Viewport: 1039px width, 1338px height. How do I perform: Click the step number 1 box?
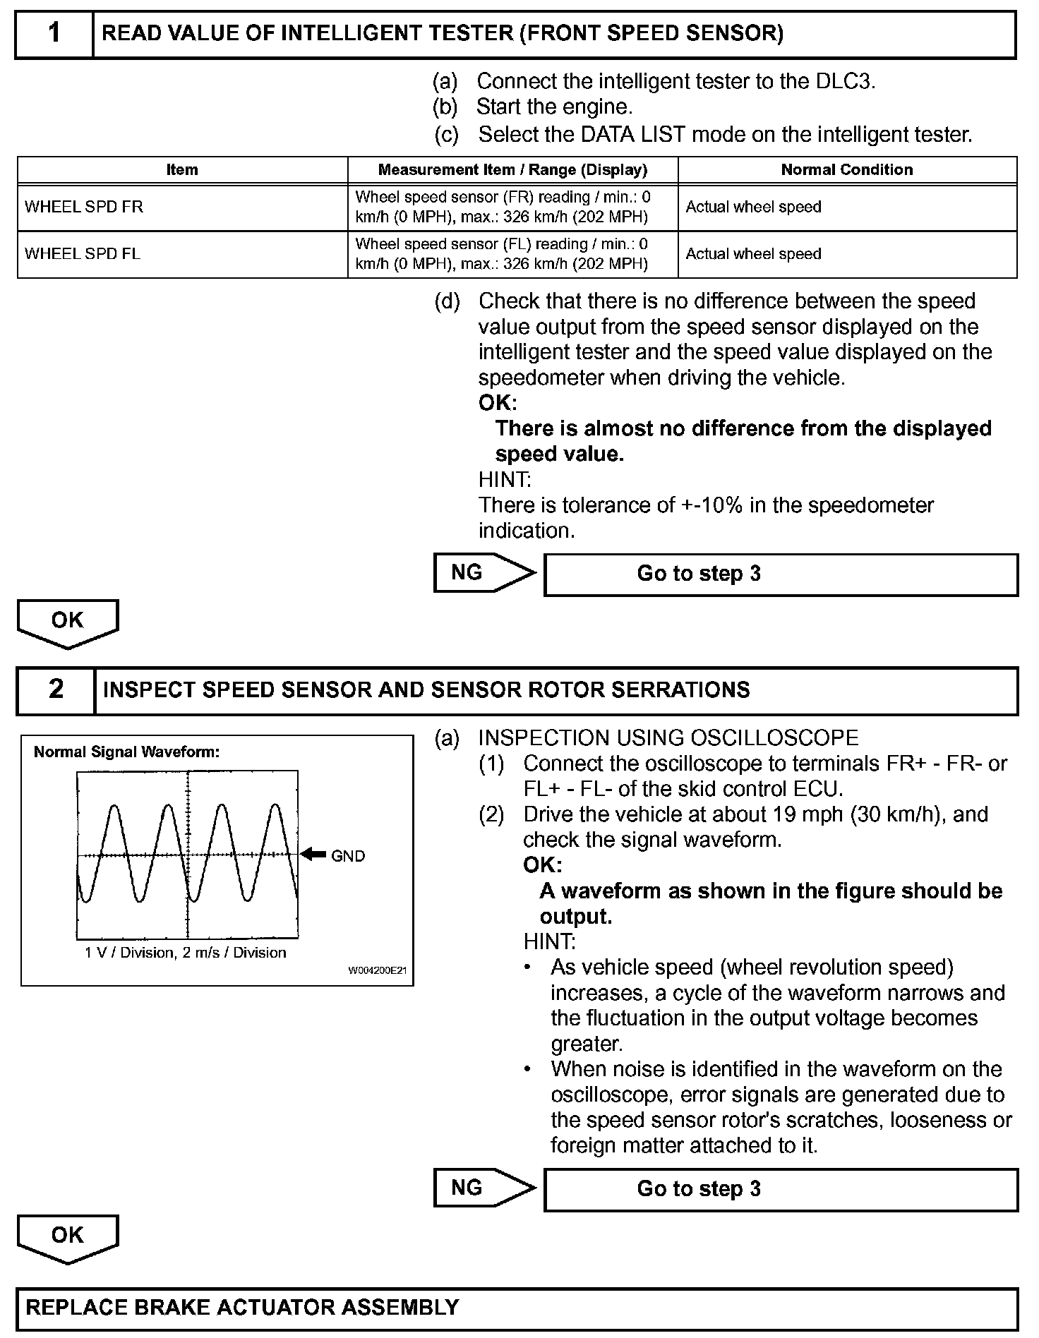[54, 33]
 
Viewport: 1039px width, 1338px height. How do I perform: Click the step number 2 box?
[56, 689]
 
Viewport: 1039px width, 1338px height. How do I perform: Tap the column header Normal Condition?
[846, 170]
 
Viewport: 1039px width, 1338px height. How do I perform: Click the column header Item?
[182, 170]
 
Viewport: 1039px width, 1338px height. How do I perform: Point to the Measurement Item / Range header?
[512, 170]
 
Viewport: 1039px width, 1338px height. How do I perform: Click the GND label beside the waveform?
[348, 856]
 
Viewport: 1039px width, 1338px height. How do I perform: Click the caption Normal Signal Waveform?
[126, 752]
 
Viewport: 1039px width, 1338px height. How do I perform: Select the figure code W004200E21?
[377, 970]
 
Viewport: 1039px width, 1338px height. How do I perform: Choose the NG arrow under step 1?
[483, 572]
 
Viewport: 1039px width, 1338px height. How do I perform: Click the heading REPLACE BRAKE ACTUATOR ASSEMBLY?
[242, 1307]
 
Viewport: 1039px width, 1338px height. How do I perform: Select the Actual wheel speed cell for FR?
[753, 207]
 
